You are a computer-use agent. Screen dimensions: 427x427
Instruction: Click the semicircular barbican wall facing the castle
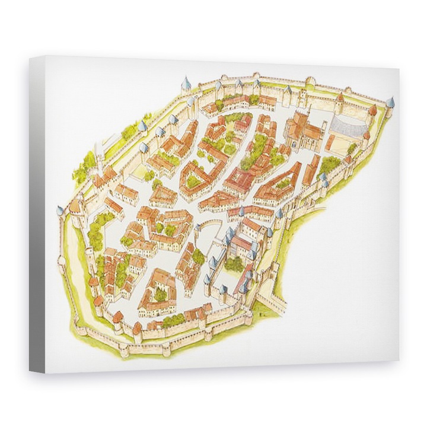207,226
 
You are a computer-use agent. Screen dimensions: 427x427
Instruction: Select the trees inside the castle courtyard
234,263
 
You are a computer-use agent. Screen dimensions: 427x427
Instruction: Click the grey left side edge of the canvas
37,213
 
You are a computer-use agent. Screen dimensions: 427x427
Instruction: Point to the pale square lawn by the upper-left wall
140,172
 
